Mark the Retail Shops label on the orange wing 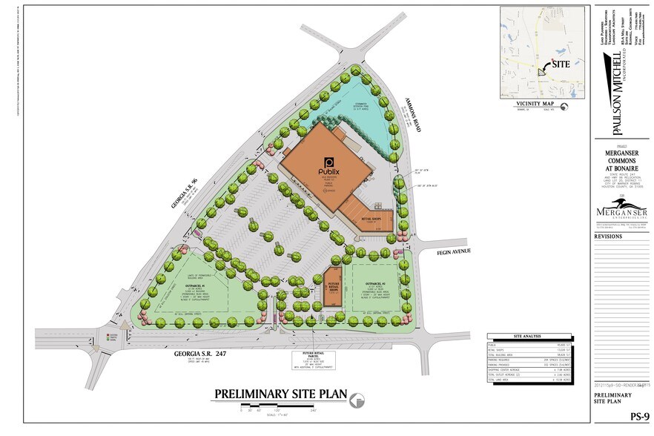click(x=371, y=219)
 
